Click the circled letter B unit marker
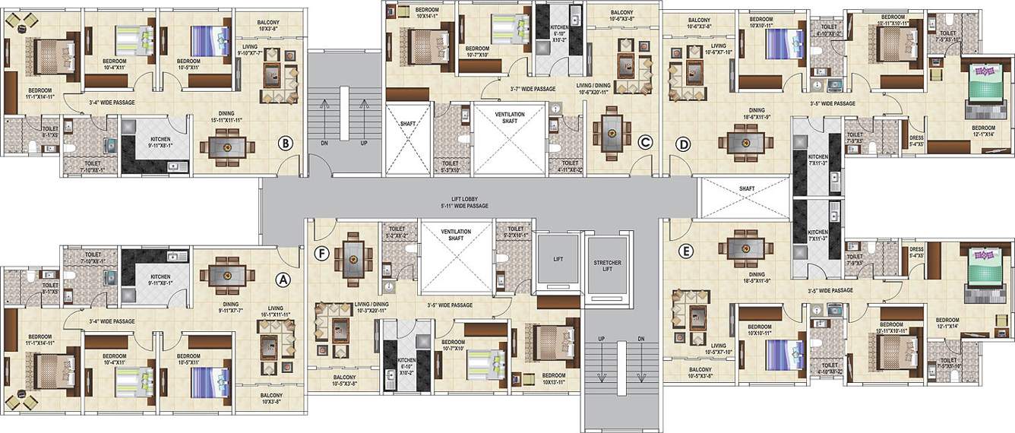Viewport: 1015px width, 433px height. pos(286,142)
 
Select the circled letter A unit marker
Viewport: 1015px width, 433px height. pos(283,280)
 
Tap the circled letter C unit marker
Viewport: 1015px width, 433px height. pos(645,141)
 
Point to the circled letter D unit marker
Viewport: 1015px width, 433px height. pos(683,142)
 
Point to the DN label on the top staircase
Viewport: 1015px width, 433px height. pos(324,142)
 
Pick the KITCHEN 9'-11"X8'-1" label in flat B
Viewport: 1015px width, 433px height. pos(160,141)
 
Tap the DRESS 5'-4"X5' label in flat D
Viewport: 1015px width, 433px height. pos(917,141)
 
